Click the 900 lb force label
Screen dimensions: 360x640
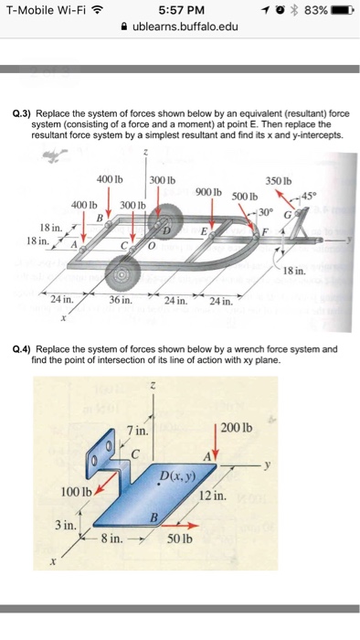coord(211,190)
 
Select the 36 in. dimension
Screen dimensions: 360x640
coord(120,299)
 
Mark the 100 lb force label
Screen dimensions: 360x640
coord(76,493)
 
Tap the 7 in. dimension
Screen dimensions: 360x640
coord(138,429)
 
